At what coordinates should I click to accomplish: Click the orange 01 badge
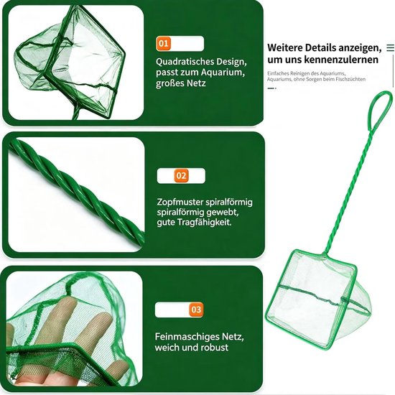click(x=163, y=44)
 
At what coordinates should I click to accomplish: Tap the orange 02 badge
click(x=181, y=175)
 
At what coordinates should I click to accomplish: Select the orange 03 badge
click(x=196, y=310)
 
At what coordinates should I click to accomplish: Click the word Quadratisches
click(x=185, y=62)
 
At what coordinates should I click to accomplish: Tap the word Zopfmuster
click(x=180, y=203)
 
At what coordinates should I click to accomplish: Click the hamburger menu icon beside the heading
click(x=390, y=47)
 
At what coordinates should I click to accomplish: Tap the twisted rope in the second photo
click(x=75, y=192)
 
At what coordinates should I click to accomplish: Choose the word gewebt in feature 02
click(x=222, y=213)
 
